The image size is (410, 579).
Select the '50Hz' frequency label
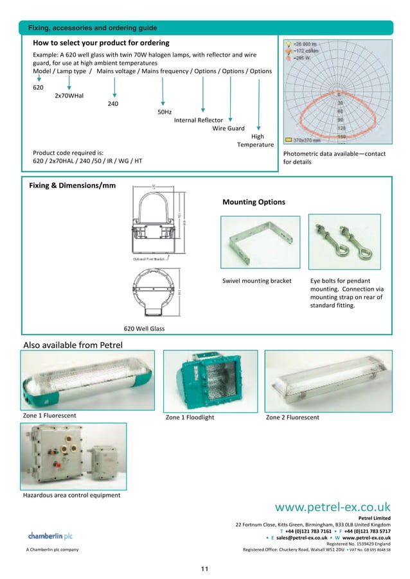(165, 112)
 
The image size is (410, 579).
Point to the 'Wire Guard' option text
(229, 128)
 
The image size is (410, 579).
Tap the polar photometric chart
(338, 91)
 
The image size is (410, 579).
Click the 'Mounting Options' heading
(253, 202)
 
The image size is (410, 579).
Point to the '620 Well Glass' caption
(144, 329)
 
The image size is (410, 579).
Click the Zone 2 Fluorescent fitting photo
(328, 380)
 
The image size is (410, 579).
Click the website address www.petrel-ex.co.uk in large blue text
(333, 508)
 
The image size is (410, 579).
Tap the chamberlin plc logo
(49, 535)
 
